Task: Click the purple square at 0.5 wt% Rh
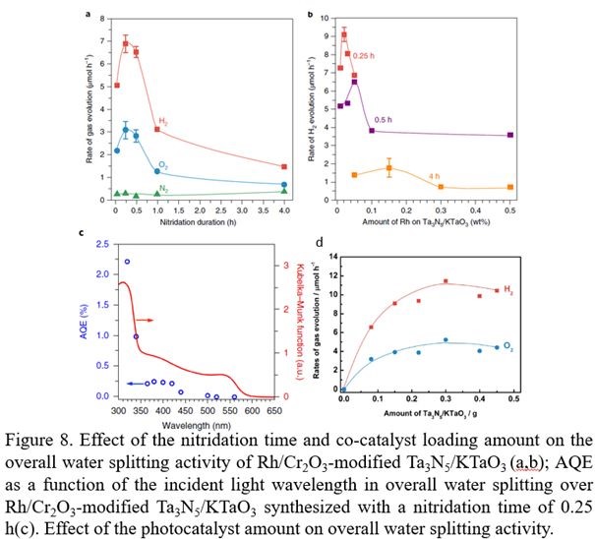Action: pyautogui.click(x=509, y=135)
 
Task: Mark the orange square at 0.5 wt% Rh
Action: pyautogui.click(x=509, y=187)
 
